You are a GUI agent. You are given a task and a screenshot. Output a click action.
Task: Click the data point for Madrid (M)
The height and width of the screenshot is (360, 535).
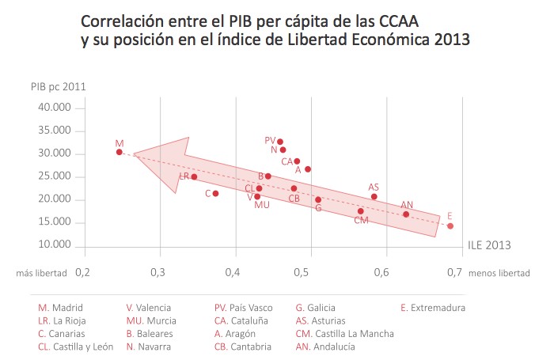pos(119,152)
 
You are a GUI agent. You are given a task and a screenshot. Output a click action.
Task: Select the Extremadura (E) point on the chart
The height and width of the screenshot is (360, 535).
pos(450,225)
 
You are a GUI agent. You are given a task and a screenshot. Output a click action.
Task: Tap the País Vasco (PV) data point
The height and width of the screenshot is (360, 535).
pos(280,142)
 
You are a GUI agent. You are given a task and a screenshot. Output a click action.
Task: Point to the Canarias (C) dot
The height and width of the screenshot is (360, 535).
pos(215,193)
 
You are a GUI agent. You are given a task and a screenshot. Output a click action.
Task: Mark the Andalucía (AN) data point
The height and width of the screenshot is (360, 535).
pos(406,214)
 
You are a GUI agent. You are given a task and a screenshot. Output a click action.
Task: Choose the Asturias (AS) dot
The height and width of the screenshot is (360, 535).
pos(374,197)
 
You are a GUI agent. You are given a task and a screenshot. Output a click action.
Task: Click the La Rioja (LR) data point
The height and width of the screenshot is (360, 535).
pos(194,176)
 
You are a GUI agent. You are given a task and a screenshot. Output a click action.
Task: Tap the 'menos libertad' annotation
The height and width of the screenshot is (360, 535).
pos(499,273)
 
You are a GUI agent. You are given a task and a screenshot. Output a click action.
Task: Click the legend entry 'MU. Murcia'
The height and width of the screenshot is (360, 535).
pos(151,320)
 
